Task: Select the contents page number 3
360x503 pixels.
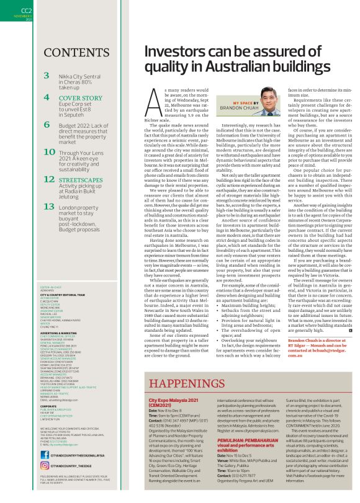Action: click(x=47, y=76)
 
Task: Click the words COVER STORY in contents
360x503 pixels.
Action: click(x=81, y=98)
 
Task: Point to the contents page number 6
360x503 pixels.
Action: click(x=47, y=124)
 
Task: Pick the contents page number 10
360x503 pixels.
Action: click(x=48, y=153)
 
